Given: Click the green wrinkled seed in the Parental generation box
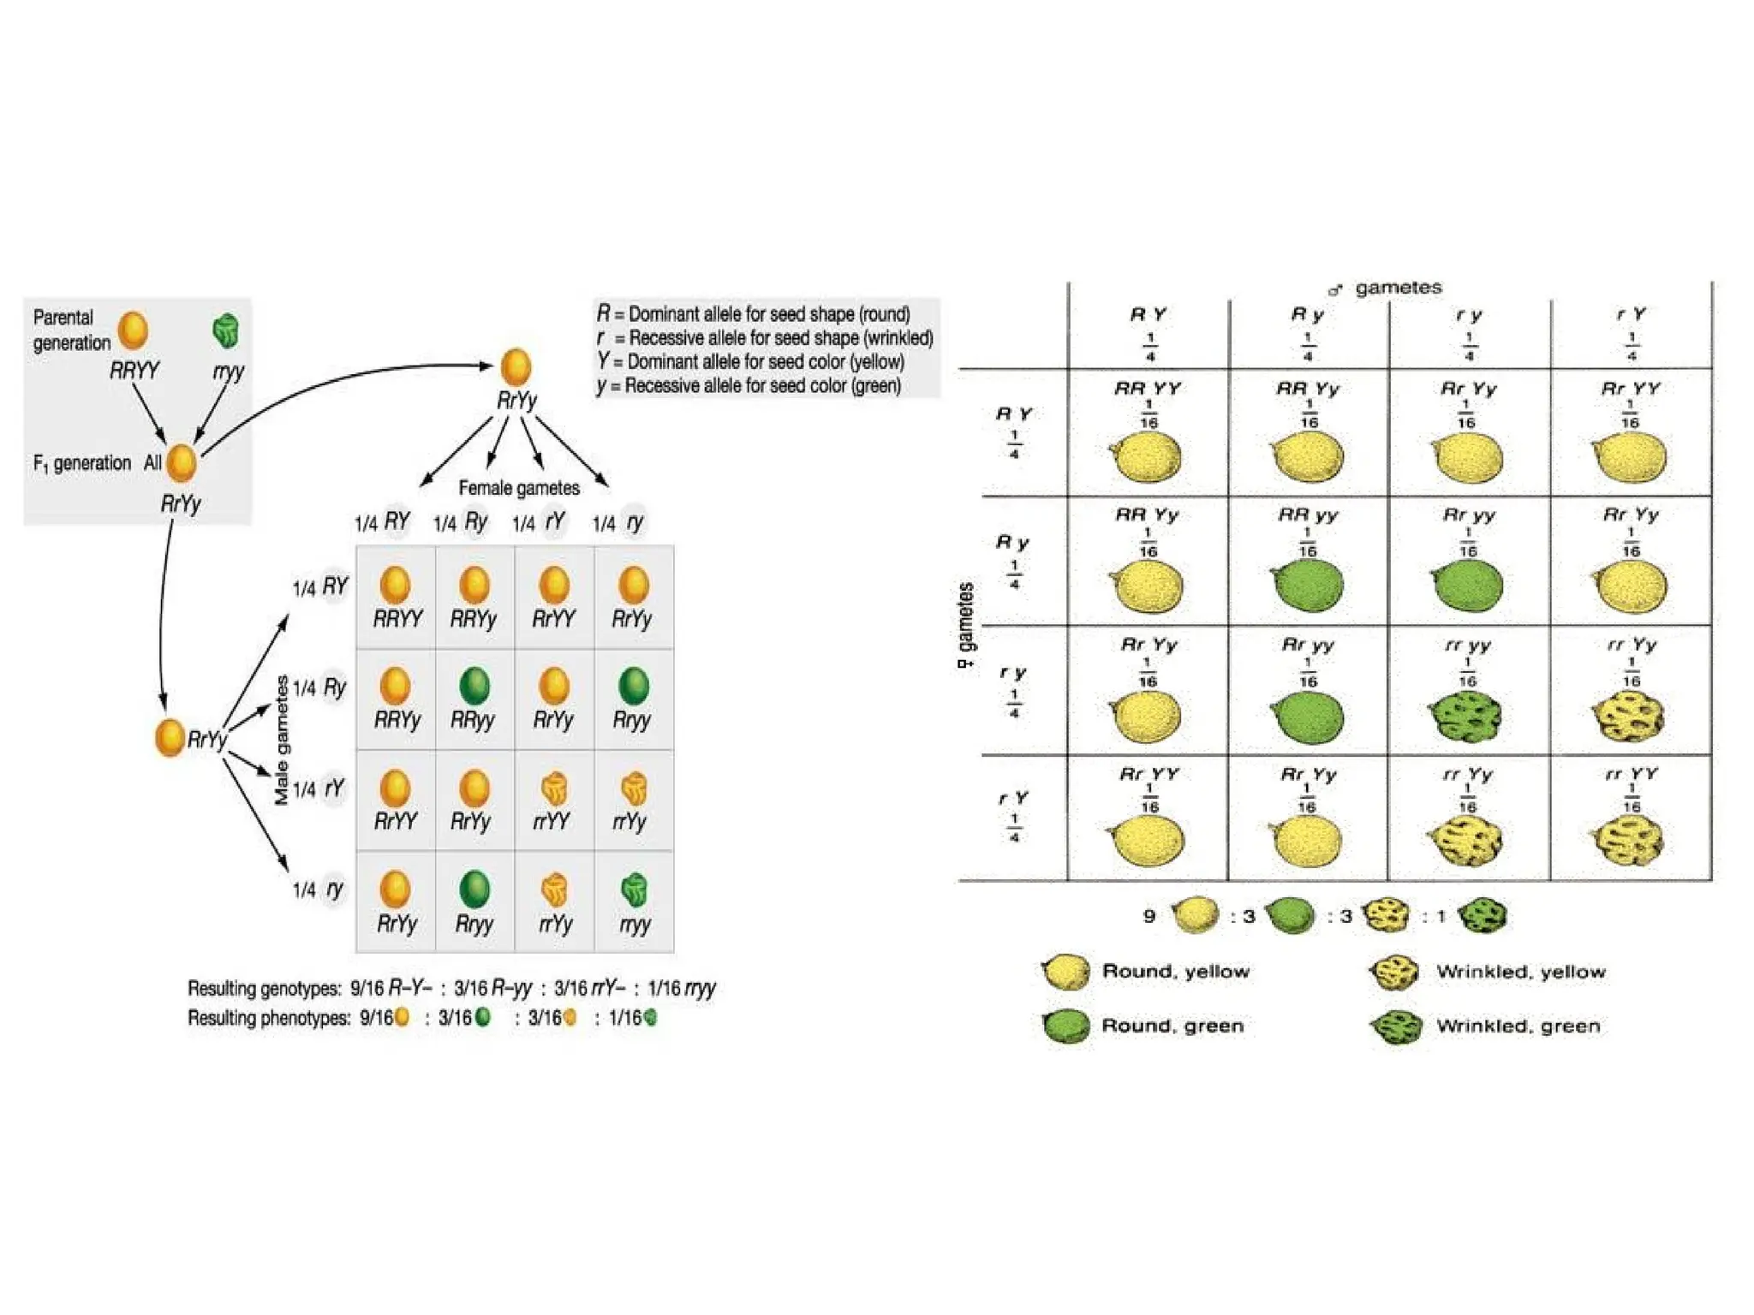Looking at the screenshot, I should tap(225, 330).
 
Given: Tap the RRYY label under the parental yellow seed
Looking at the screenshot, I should tap(134, 371).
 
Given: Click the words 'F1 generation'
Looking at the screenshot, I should tap(81, 463).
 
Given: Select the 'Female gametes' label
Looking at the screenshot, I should tap(519, 488).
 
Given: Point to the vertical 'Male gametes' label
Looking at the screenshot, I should tap(282, 741).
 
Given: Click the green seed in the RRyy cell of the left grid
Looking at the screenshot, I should tap(474, 686).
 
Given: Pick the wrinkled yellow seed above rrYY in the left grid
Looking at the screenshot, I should tap(554, 788).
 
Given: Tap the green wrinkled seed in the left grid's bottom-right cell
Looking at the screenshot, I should tap(634, 890).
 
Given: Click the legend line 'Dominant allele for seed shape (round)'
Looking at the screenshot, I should tap(754, 314).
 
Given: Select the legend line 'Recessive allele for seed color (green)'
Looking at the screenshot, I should tap(749, 386).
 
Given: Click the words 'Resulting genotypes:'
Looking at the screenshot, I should tap(265, 989).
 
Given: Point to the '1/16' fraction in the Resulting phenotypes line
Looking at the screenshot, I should tap(624, 1018).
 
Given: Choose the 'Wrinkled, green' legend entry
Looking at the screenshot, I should tap(1517, 1026).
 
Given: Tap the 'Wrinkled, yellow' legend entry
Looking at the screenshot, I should tap(1520, 972).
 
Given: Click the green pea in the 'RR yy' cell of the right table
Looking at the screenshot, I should tap(1308, 586).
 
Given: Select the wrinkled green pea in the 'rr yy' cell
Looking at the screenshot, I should tap(1466, 715).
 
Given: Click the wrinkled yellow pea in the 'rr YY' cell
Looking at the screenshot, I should tap(1629, 841).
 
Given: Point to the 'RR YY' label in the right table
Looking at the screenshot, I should tap(1148, 389).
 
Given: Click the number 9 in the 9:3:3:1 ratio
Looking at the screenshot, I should tap(1149, 916).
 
